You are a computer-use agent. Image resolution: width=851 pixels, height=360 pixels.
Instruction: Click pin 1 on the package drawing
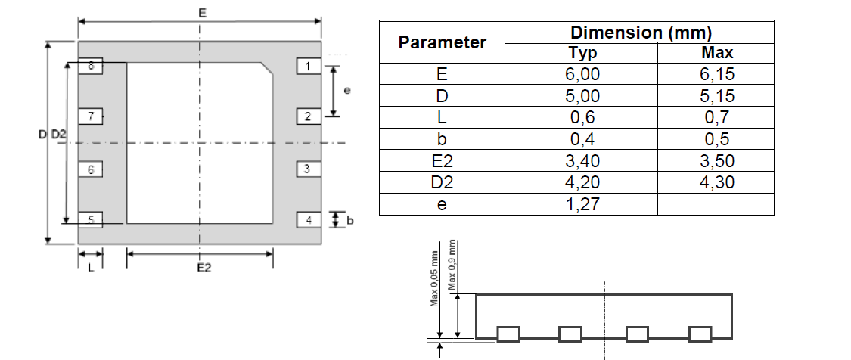(x=307, y=67)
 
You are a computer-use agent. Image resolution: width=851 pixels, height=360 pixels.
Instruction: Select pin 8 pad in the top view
(x=91, y=67)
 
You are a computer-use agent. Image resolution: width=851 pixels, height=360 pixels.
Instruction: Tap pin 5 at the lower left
(x=91, y=220)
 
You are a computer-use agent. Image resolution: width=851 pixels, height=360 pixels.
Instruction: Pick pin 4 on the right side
(x=308, y=220)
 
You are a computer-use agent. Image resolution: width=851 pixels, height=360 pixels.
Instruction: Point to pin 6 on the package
(x=91, y=169)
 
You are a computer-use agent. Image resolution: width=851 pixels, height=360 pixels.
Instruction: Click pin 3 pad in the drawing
(x=307, y=169)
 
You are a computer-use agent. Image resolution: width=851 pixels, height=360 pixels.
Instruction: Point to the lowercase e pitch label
(x=346, y=91)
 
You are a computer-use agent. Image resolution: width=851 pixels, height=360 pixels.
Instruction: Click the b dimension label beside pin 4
(x=349, y=221)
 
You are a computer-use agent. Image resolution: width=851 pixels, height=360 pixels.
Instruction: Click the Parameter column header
(x=442, y=42)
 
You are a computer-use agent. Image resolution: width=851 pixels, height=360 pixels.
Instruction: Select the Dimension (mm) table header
(x=640, y=33)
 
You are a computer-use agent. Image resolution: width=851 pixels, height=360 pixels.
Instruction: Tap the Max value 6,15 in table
(x=716, y=74)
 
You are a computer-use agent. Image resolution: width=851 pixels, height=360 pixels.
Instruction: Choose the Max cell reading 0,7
(x=716, y=117)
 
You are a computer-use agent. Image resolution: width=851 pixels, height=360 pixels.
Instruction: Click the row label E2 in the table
(x=442, y=161)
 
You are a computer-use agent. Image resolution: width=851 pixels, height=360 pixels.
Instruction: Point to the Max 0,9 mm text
(x=452, y=265)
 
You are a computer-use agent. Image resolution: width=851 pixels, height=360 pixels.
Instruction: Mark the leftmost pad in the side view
(x=508, y=334)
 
